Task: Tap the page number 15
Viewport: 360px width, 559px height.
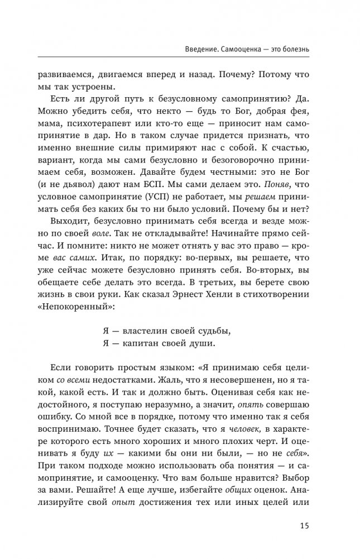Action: click(x=304, y=525)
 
